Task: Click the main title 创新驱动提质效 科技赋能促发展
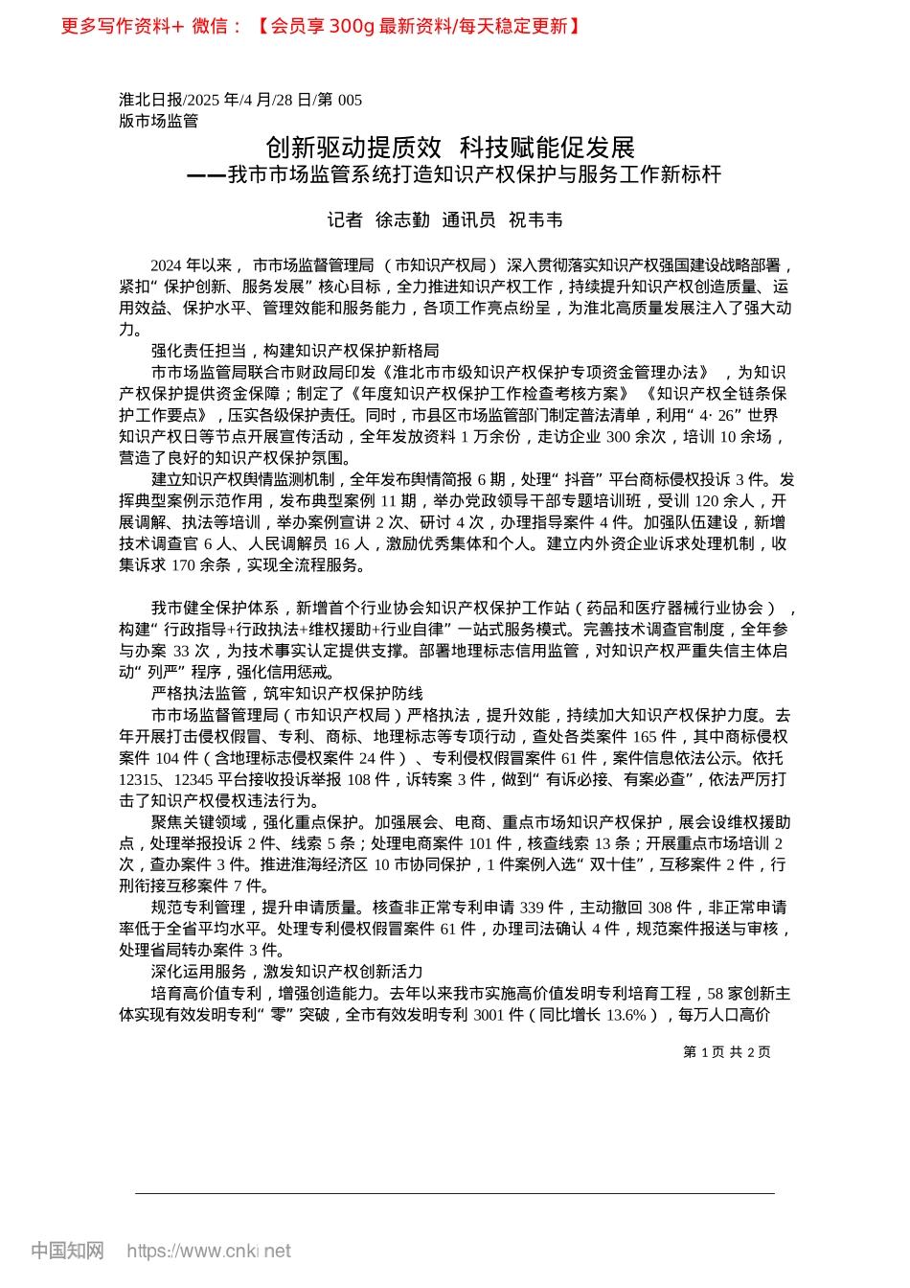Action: click(x=450, y=148)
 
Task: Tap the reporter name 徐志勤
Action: click(x=402, y=220)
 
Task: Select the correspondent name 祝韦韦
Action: click(x=535, y=220)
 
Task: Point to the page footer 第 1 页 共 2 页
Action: click(x=726, y=1051)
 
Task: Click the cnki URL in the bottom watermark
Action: click(x=209, y=1251)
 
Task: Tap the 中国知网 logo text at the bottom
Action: click(x=67, y=1251)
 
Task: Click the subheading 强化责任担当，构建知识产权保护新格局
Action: click(x=294, y=351)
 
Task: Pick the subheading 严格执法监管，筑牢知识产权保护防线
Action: click(x=286, y=694)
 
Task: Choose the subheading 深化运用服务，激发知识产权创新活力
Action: click(x=286, y=972)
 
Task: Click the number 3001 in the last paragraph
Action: click(x=491, y=1015)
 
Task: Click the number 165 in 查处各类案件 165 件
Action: click(x=646, y=737)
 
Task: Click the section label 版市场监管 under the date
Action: click(x=158, y=121)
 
